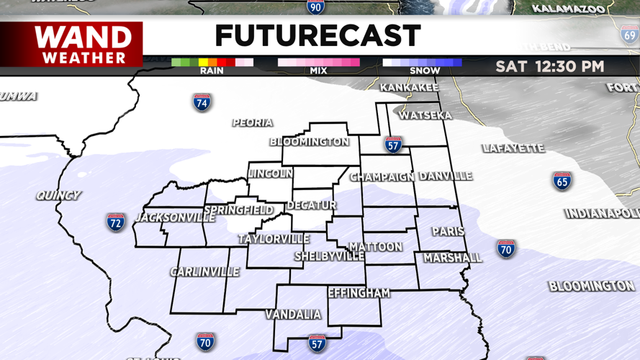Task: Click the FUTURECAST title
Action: (x=317, y=35)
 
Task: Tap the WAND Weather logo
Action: (x=84, y=45)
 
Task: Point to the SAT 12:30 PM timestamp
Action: (x=549, y=67)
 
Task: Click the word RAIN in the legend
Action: (x=211, y=71)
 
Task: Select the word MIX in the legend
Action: (x=318, y=71)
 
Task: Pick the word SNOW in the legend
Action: (x=425, y=71)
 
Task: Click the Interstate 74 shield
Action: (x=202, y=102)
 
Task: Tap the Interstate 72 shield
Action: (x=116, y=222)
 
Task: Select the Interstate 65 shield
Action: (x=562, y=181)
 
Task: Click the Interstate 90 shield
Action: (x=315, y=7)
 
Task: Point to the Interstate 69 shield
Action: (x=629, y=34)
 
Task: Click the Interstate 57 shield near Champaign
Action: (x=393, y=144)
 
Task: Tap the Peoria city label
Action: (x=253, y=123)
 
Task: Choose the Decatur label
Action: (x=312, y=206)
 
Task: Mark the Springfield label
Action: (x=239, y=210)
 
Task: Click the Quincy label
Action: (x=59, y=195)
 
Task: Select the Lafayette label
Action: (x=513, y=148)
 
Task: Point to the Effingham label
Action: (x=359, y=293)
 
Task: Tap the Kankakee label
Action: (x=409, y=88)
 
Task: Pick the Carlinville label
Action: (x=205, y=272)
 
